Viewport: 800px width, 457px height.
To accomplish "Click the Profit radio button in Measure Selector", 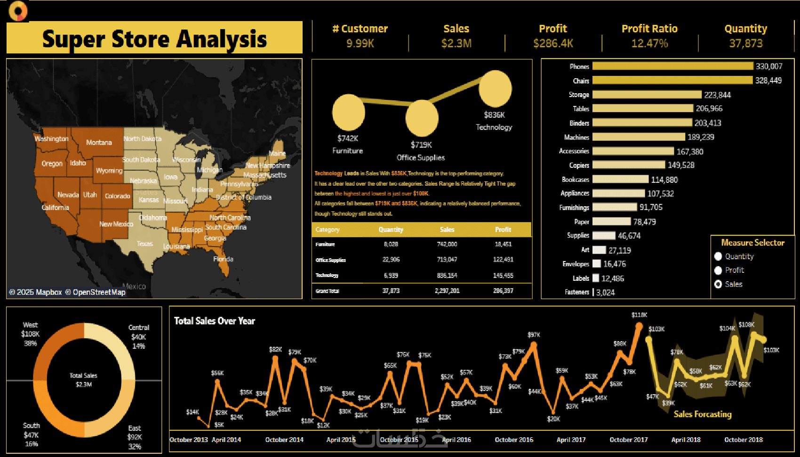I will point(718,270).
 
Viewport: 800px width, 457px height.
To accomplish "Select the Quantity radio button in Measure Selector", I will point(718,256).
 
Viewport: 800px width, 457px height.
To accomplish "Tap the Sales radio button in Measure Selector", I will point(718,284).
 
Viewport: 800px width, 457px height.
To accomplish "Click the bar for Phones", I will point(672,66).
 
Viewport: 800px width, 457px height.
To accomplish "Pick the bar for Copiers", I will point(629,165).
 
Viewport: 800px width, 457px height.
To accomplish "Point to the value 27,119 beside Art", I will point(619,250).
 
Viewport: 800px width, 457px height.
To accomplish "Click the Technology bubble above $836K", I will point(495,89).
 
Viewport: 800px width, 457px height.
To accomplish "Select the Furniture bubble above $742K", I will point(348,112).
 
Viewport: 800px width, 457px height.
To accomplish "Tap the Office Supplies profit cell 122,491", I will point(503,260).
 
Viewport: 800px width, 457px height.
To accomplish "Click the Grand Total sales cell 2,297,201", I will point(447,291).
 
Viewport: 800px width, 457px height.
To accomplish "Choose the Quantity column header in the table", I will point(391,229).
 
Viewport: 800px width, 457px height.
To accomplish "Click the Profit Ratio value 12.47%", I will point(649,43).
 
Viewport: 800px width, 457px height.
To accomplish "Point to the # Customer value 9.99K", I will point(360,43).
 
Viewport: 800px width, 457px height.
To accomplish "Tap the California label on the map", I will point(55,207).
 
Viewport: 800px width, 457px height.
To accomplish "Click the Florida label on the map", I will point(223,259).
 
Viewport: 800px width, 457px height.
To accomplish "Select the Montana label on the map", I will point(99,142).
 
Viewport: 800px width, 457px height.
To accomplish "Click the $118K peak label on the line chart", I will point(639,315).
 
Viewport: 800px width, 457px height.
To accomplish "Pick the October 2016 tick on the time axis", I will point(514,440).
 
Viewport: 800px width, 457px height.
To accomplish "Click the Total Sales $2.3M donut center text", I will point(83,380).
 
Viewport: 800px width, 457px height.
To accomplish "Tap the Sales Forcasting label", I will point(703,414).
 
